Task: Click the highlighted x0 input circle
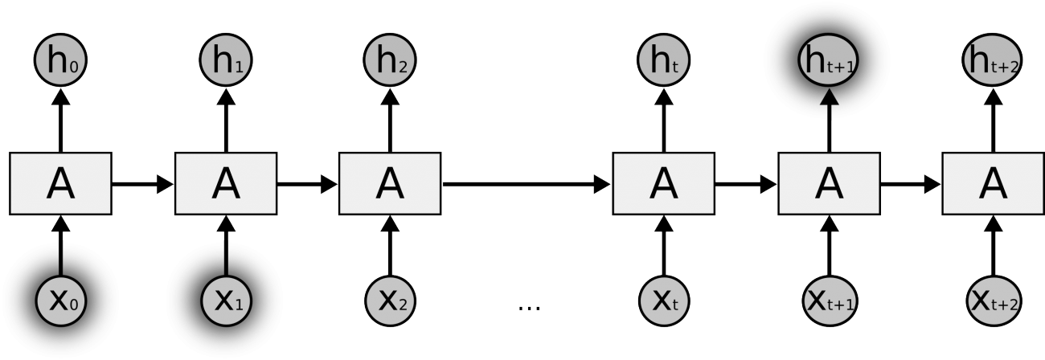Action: click(60, 301)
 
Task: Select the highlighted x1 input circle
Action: click(226, 301)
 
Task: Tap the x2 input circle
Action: click(391, 301)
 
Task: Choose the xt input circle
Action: click(663, 301)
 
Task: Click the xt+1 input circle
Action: click(828, 301)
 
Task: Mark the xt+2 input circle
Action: click(993, 301)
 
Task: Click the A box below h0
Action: click(60, 183)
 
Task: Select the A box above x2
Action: click(391, 183)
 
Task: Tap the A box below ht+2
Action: click(993, 183)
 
